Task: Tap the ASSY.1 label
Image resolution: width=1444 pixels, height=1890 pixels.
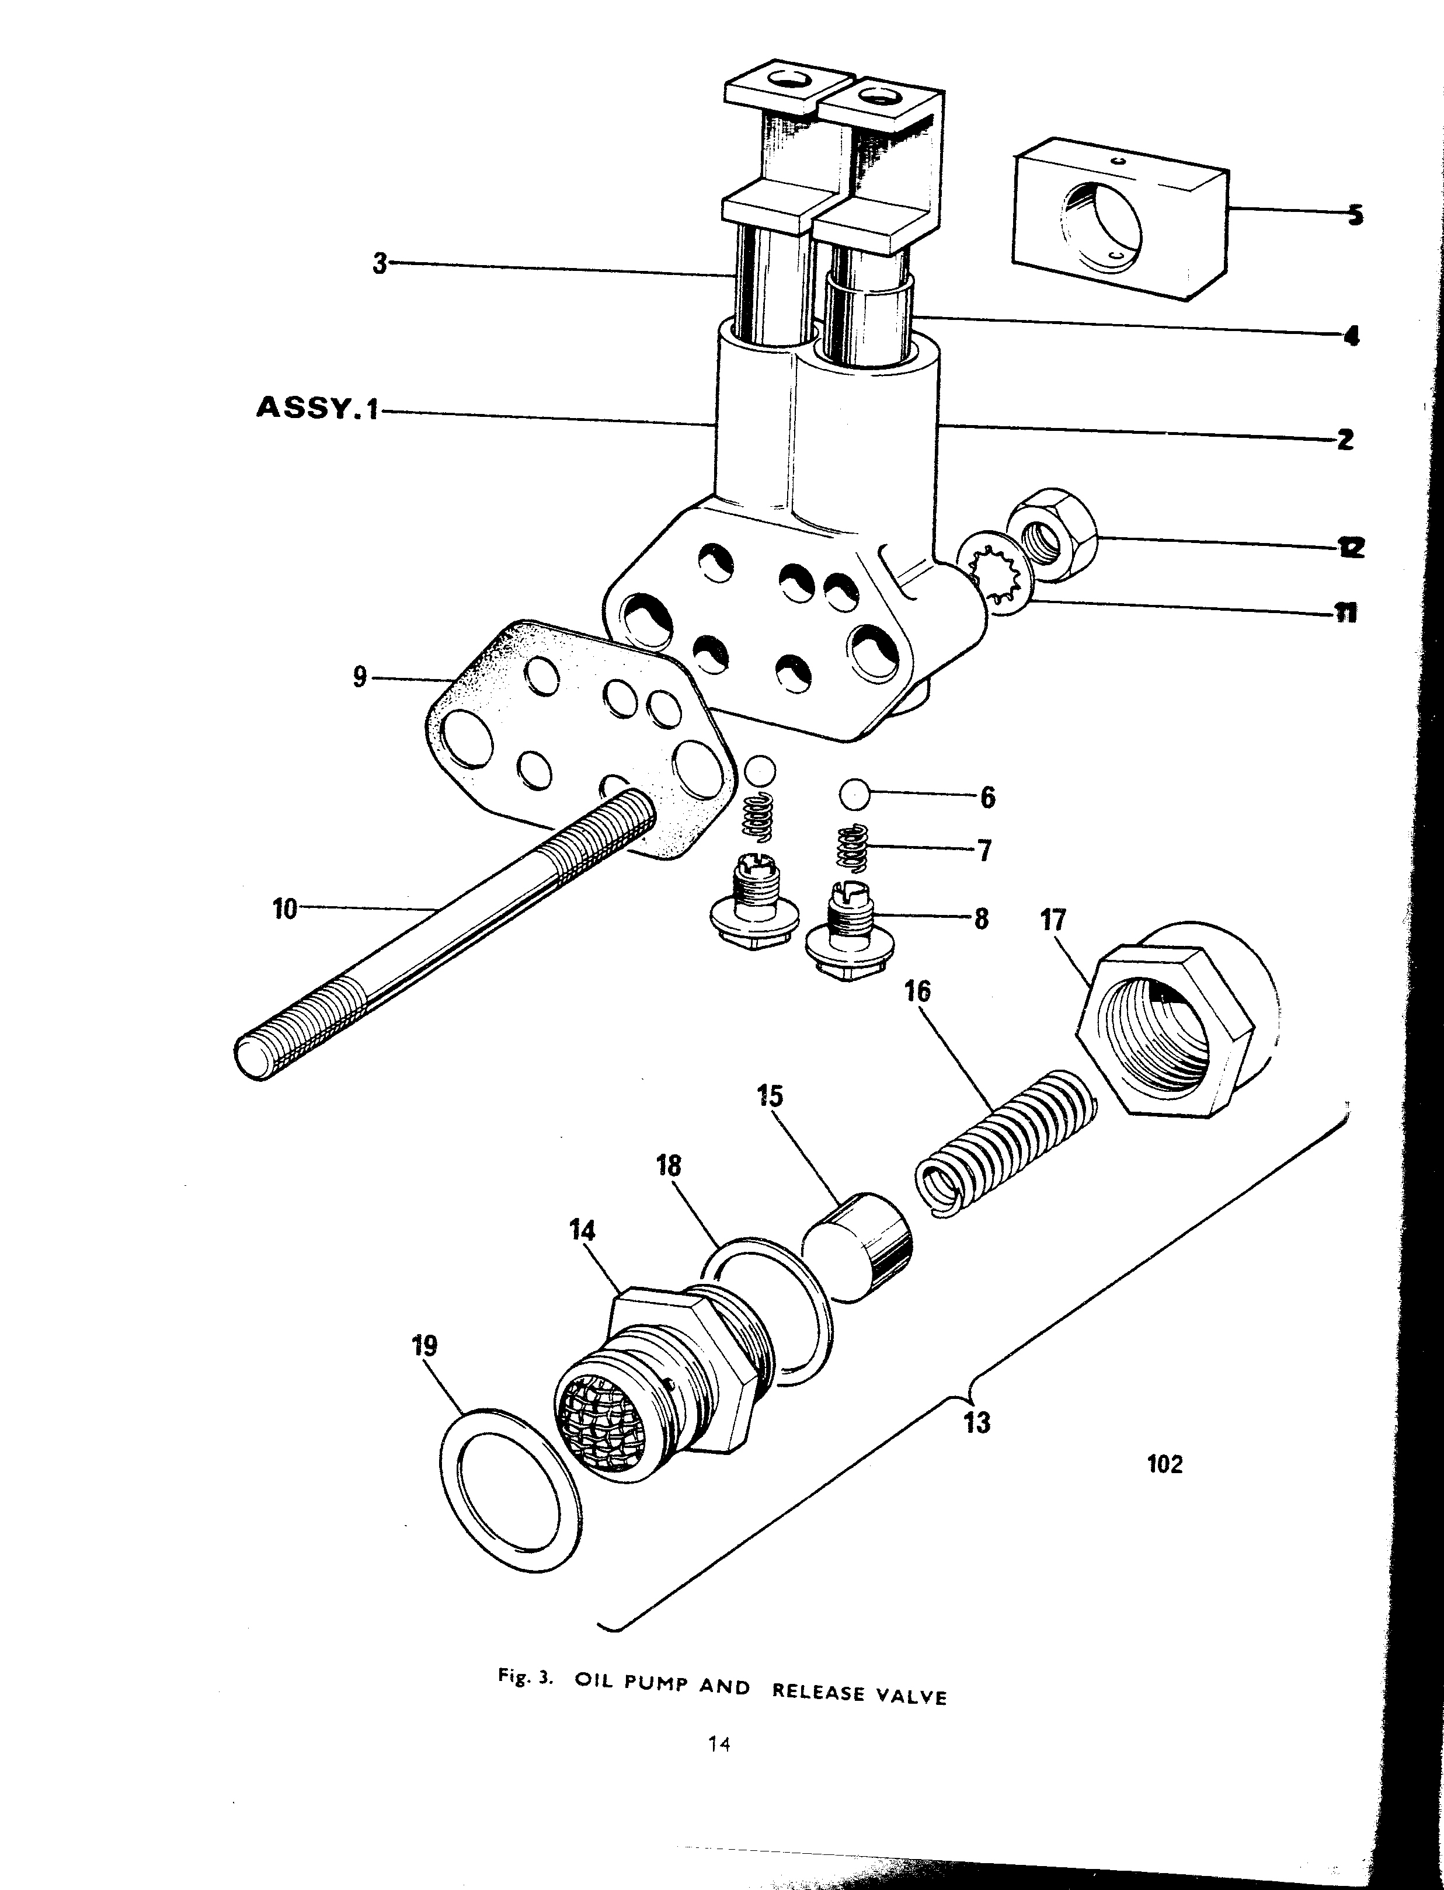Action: pyautogui.click(x=317, y=408)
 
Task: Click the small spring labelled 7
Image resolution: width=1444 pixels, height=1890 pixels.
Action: pyautogui.click(x=854, y=848)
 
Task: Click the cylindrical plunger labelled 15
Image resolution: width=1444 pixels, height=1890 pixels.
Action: pyautogui.click(x=857, y=1247)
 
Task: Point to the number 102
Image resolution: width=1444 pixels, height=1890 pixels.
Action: pyautogui.click(x=1165, y=1464)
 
